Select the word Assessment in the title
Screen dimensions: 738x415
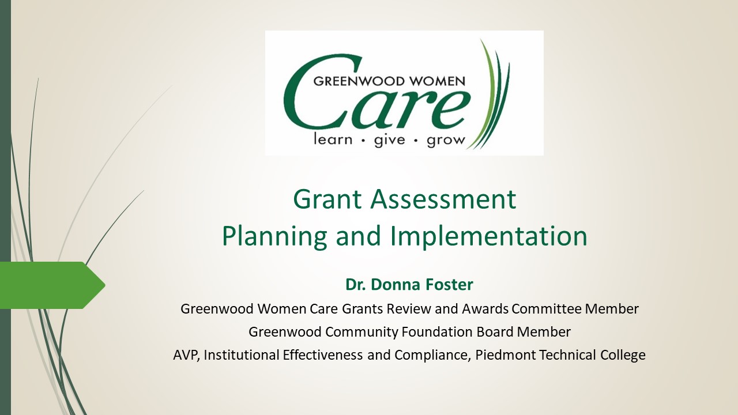point(443,199)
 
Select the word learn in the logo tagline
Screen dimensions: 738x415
point(333,139)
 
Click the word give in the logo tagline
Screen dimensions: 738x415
point(390,141)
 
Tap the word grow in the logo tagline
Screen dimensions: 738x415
point(446,141)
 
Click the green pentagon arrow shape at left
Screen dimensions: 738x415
point(52,285)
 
